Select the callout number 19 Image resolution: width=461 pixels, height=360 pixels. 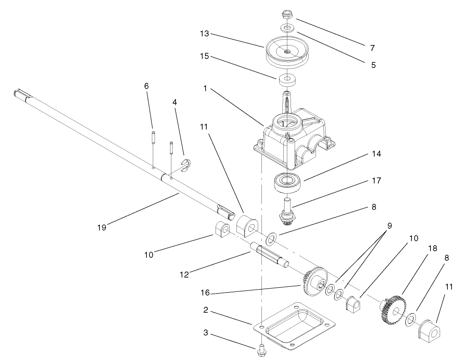[x=101, y=227]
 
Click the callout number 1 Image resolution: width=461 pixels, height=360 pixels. [x=205, y=89]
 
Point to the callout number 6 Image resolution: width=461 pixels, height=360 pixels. [x=146, y=86]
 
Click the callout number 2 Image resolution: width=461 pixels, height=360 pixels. [x=205, y=311]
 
